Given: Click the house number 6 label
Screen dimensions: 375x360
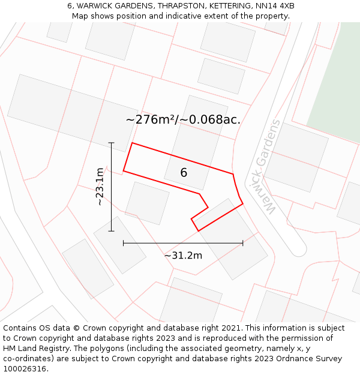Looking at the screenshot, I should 184,173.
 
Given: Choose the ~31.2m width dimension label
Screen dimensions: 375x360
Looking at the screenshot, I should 183,256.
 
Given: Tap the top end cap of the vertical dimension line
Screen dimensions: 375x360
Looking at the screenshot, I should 111,143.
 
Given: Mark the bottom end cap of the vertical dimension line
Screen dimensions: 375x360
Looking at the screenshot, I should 111,231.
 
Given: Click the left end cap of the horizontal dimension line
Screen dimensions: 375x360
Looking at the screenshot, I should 124,243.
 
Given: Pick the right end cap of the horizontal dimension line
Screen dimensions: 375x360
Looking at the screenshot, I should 243,243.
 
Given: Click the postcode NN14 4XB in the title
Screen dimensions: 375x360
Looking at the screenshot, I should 273,6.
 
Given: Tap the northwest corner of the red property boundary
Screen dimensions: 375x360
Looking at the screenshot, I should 132,143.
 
